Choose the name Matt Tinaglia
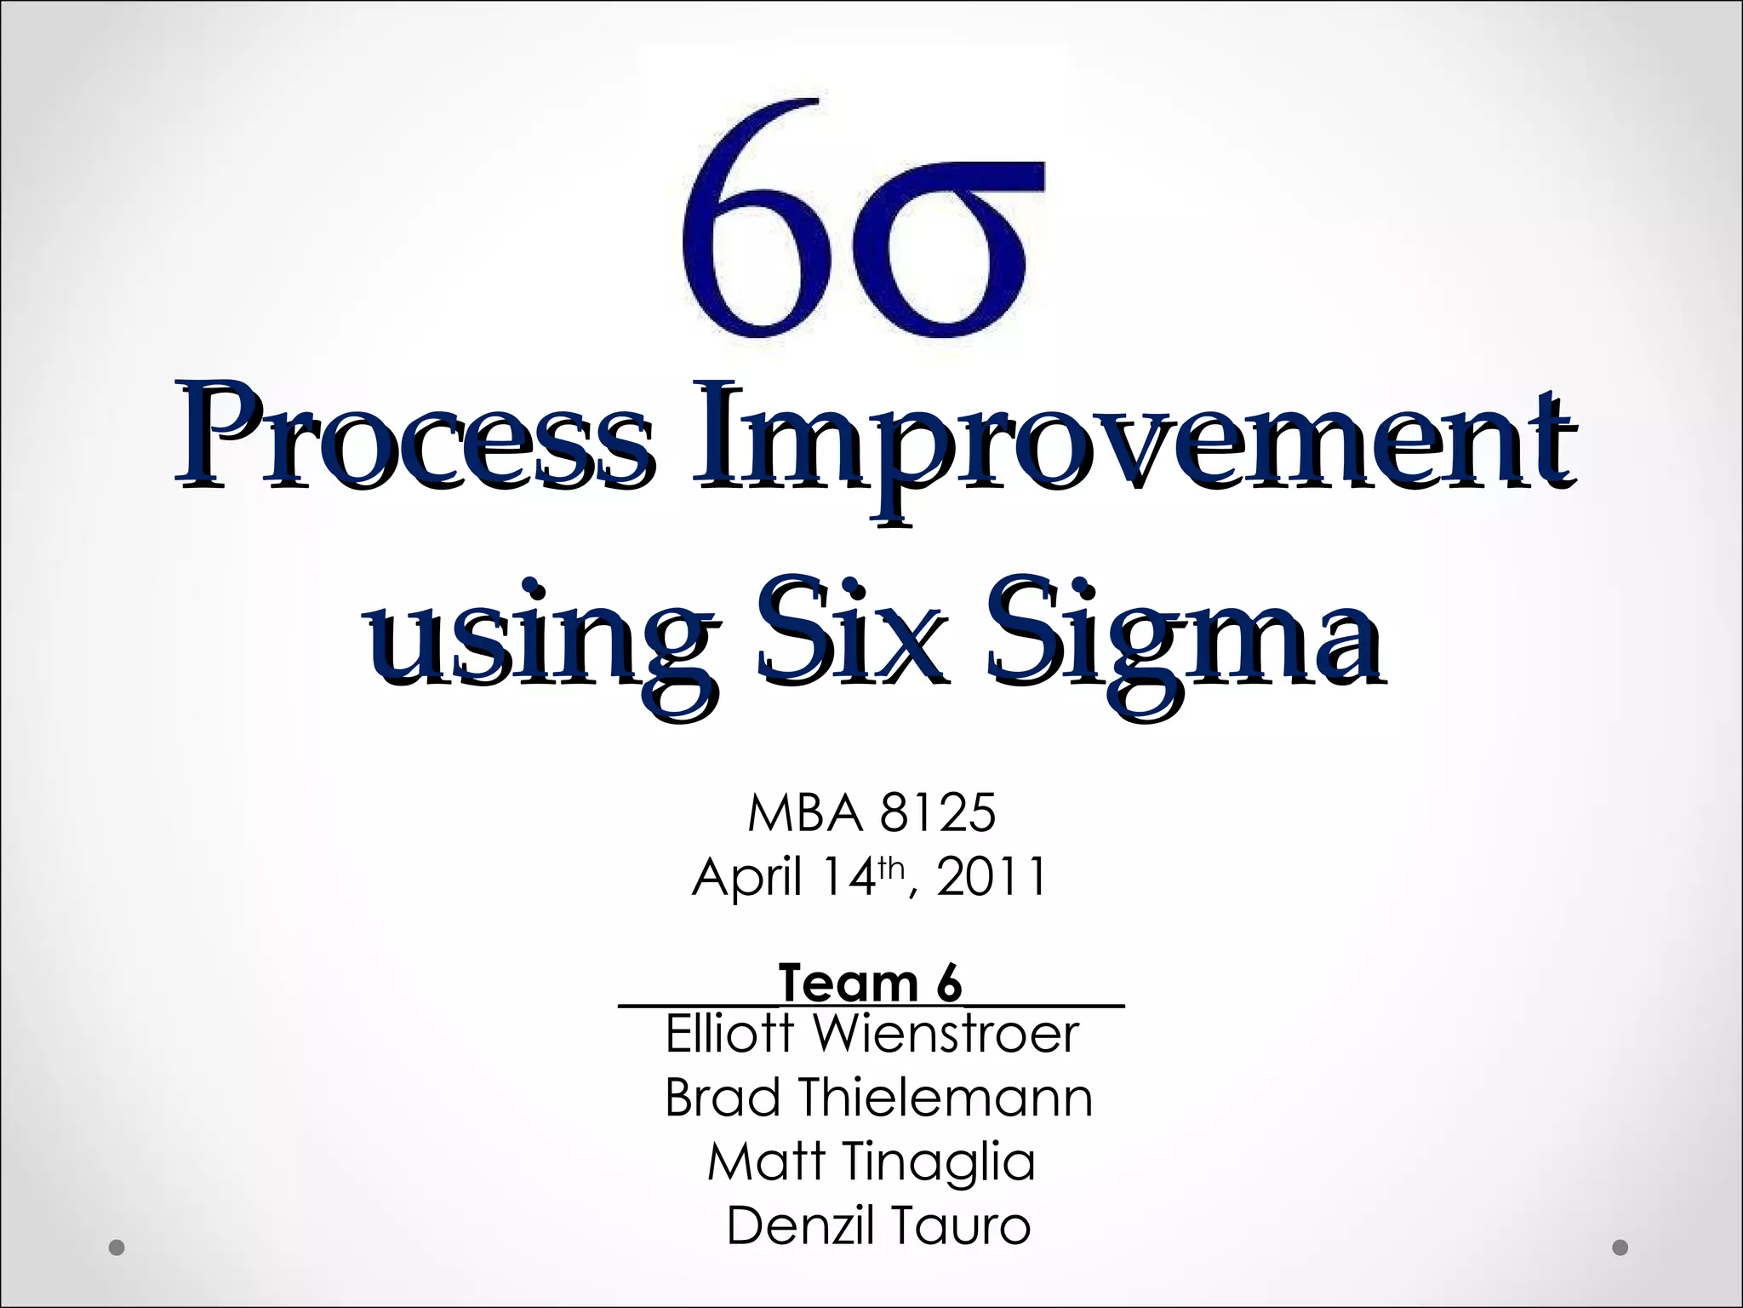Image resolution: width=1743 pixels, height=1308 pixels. (871, 1162)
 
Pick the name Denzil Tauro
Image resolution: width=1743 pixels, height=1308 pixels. (878, 1226)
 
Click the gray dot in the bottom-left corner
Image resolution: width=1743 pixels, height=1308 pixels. (117, 1248)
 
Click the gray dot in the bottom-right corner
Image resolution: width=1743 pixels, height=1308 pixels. (1620, 1248)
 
